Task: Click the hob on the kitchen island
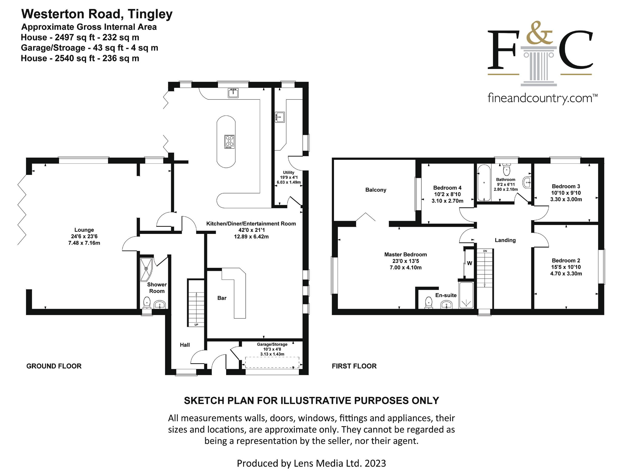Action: pos(229,142)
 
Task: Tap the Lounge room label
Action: pos(84,230)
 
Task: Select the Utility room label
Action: pos(288,173)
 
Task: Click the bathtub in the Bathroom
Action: pos(484,183)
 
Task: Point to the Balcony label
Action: pos(376,190)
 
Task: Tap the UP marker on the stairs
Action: pos(196,325)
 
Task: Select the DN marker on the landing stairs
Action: pos(485,251)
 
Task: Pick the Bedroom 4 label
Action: pos(447,188)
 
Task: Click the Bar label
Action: pos(222,298)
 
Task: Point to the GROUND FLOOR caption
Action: pos(54,366)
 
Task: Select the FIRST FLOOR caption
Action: pos(354,366)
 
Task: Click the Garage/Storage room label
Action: pos(272,344)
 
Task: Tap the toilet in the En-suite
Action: pos(429,304)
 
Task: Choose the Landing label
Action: pos(505,240)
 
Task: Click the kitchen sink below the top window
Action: pos(233,93)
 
